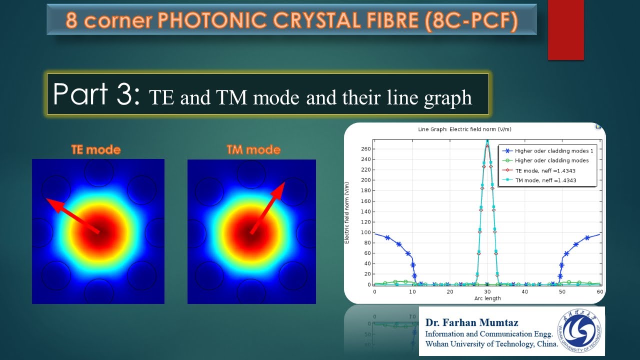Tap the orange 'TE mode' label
96,149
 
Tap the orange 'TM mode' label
253,149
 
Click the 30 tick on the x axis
487,291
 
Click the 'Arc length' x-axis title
487,298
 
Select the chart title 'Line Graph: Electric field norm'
464,129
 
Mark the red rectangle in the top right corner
565,30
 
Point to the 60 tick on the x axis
599,291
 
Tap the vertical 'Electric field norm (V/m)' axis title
346,213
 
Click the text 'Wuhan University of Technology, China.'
491,344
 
